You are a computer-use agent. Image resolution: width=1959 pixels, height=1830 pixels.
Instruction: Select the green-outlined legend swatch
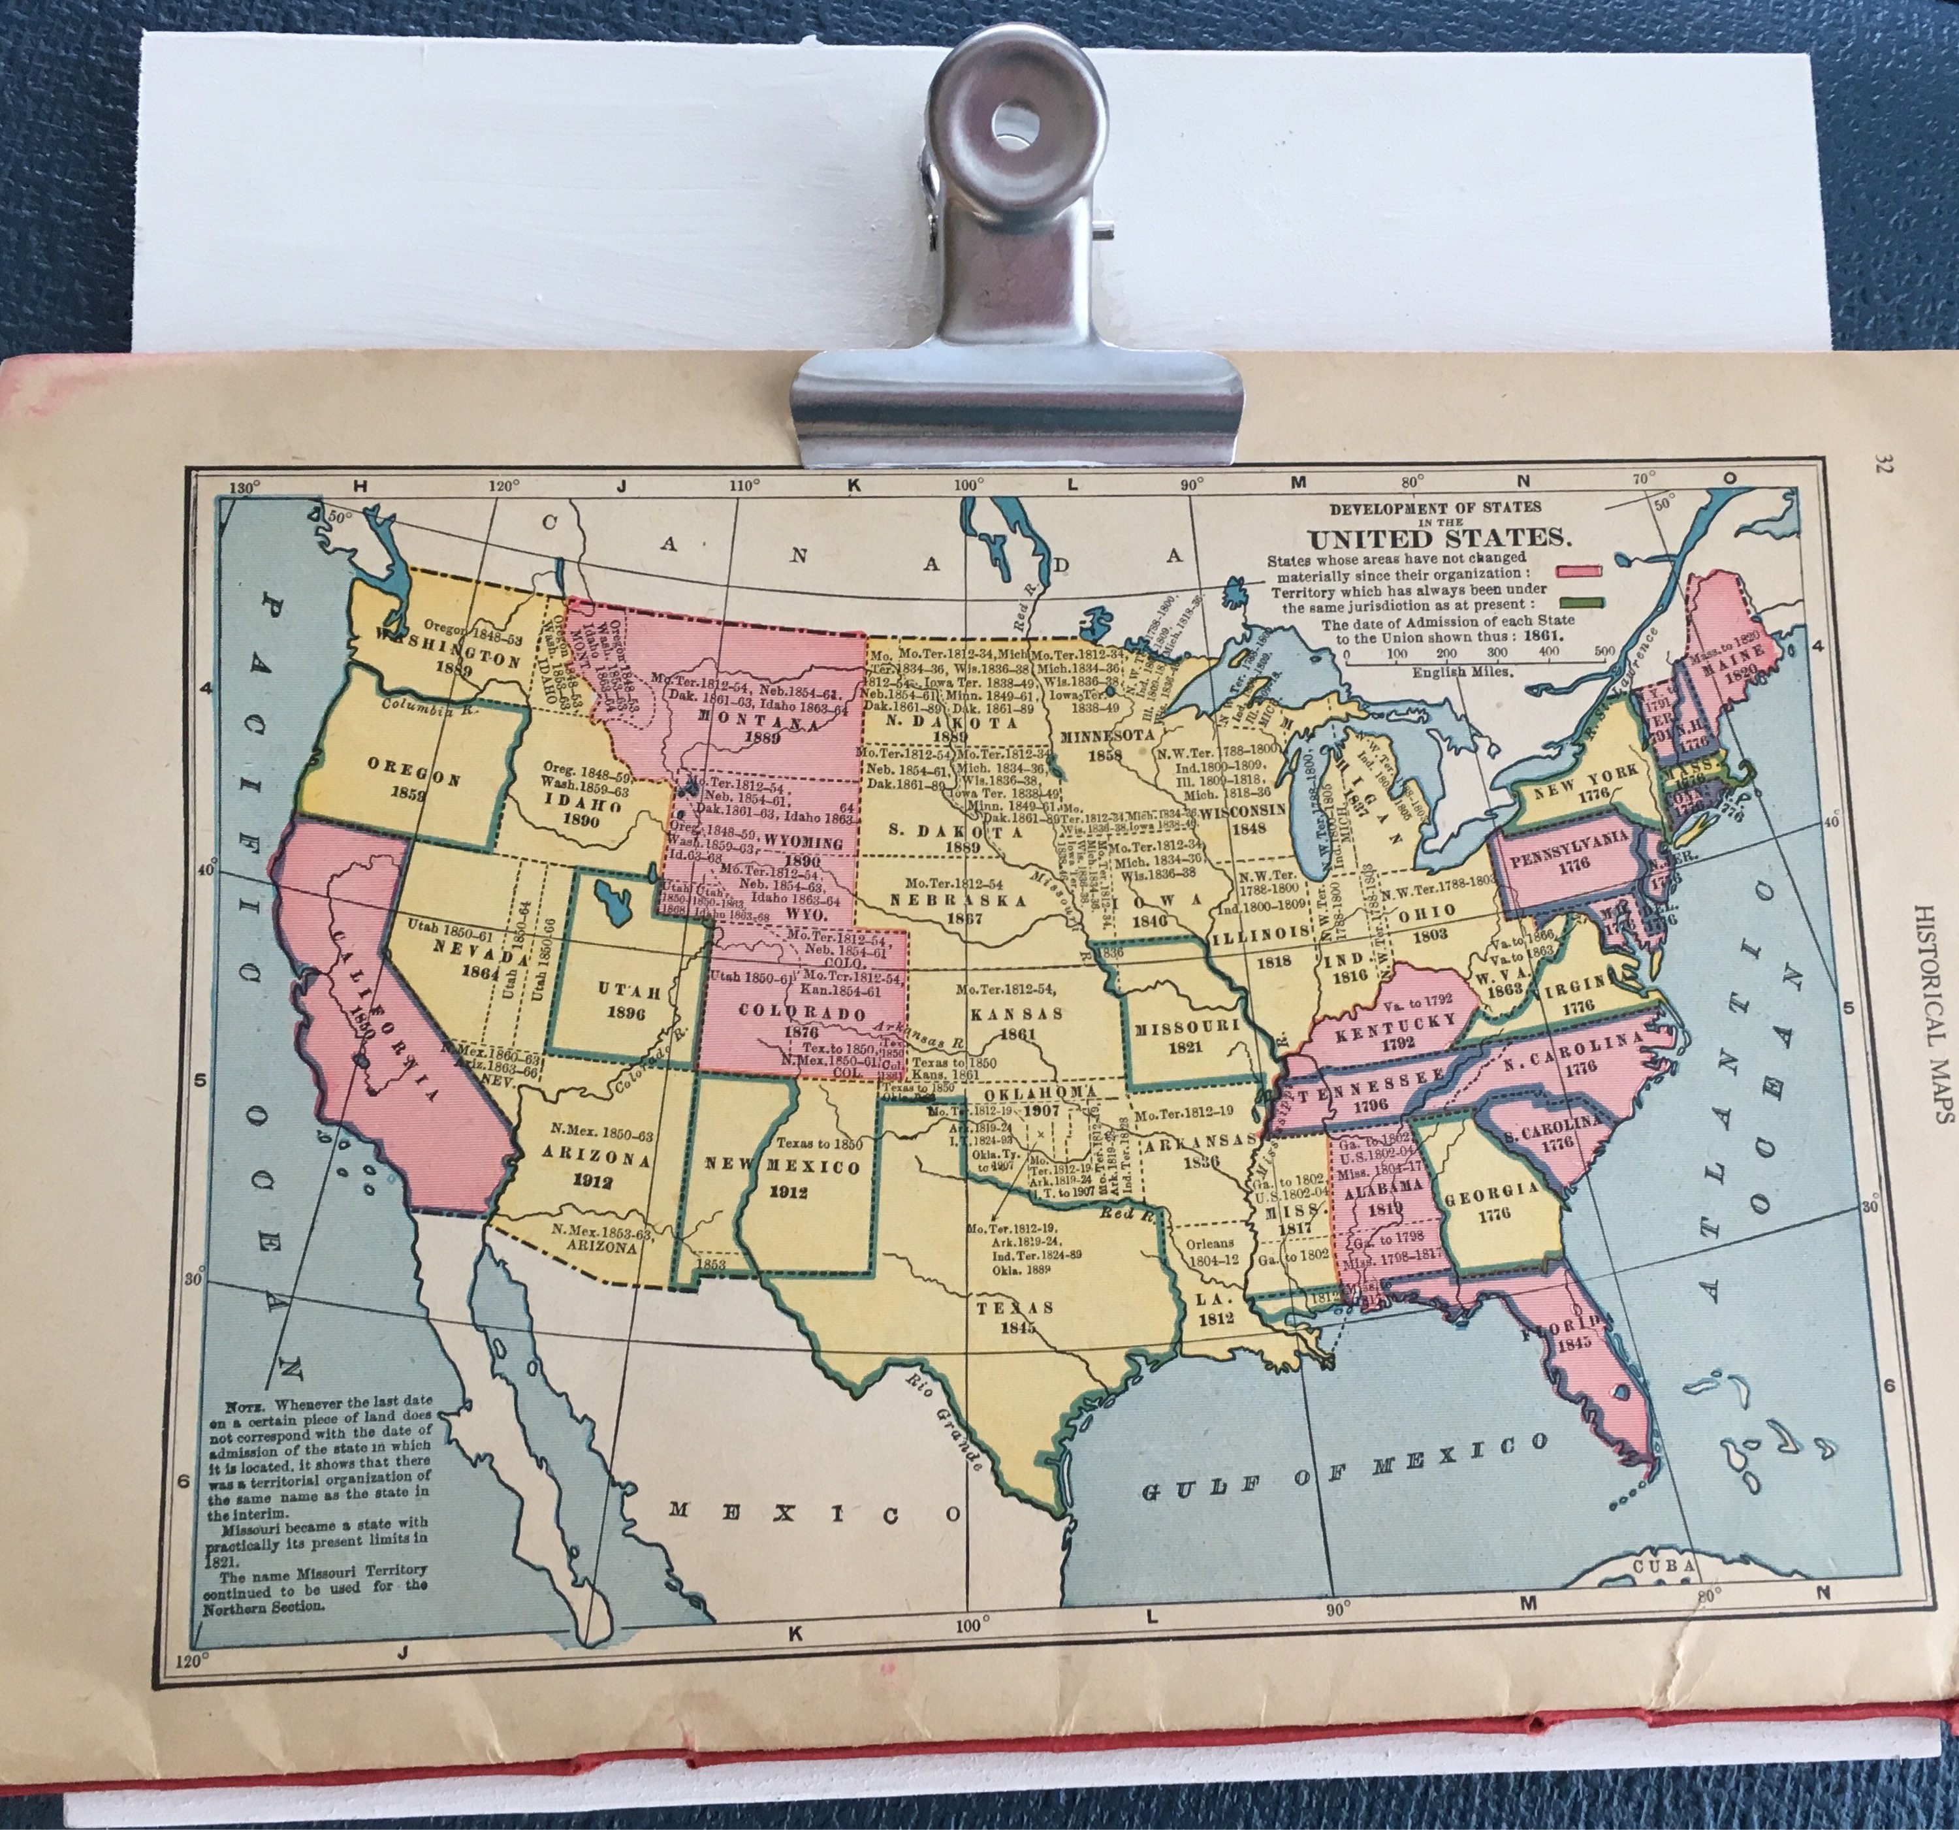click(x=1579, y=603)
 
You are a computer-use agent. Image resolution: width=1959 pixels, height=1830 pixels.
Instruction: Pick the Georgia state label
click(x=1492, y=1191)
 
